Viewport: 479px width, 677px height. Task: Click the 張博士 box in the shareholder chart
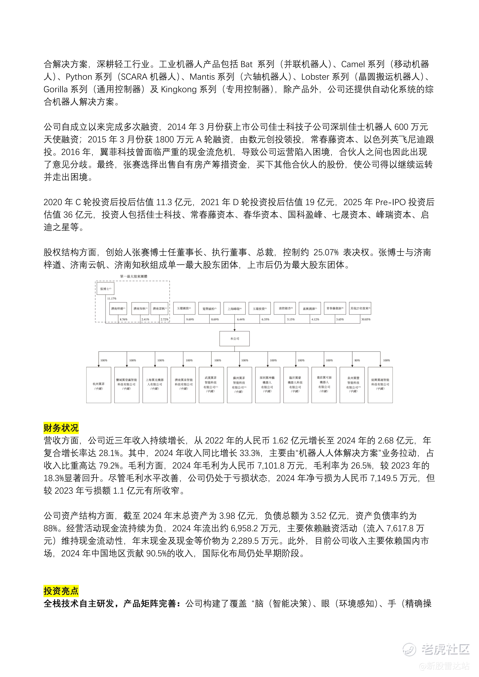click(105, 289)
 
